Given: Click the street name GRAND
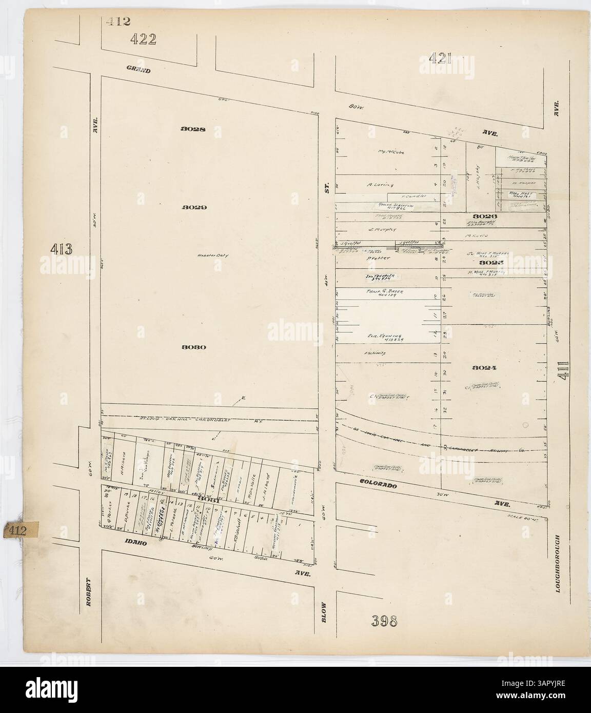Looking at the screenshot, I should pyautogui.click(x=139, y=70).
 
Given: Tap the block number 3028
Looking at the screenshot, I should pyautogui.click(x=193, y=129).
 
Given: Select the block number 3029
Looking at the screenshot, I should pyautogui.click(x=193, y=208).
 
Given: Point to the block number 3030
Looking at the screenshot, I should pyautogui.click(x=193, y=347).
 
